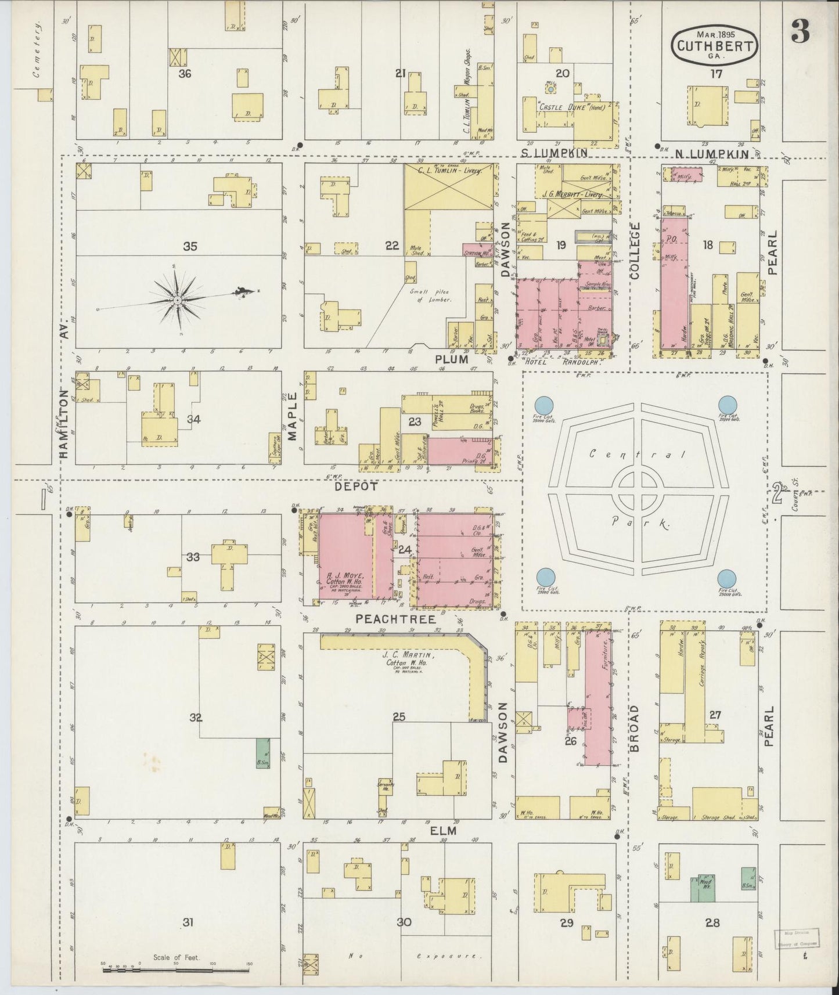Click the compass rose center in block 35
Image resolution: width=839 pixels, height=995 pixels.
pos(177,300)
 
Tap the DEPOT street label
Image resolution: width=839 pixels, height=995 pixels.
pos(356,486)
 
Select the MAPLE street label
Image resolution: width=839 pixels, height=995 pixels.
pos(292,416)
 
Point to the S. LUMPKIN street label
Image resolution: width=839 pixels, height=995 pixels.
pos(554,153)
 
